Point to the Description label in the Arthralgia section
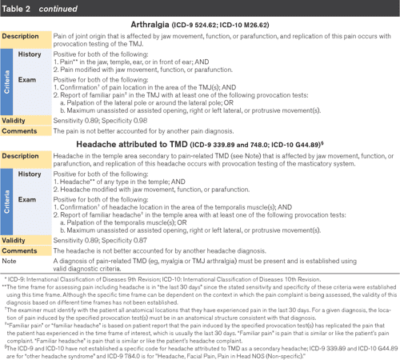(x=22, y=38)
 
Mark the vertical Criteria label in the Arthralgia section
(x=6, y=83)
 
